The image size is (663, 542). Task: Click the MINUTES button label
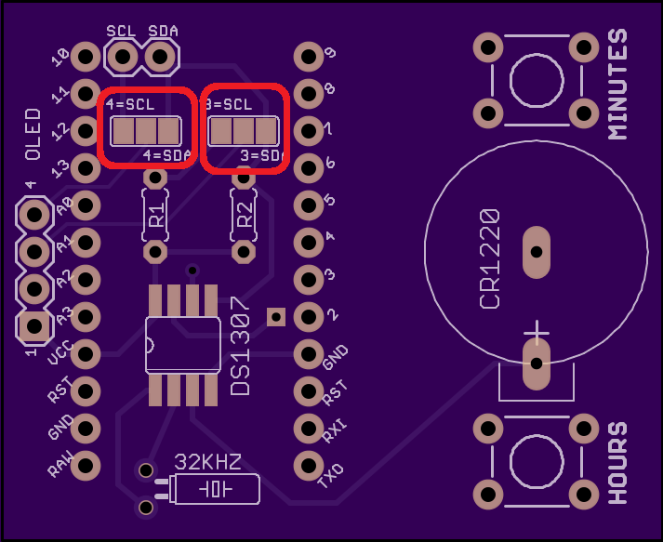pos(617,84)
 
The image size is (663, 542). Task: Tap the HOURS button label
pos(617,462)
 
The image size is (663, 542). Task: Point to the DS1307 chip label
pos(240,347)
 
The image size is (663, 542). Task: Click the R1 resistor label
pos(156,215)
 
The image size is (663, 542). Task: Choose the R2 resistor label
pos(245,215)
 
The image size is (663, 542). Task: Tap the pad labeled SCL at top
pos(121,58)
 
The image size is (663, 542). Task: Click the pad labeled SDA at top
pos(160,58)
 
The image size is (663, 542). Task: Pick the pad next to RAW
pos(86,464)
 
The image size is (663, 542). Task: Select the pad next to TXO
pos(308,464)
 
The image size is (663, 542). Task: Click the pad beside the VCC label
pos(86,353)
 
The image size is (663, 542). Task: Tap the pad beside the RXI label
pos(308,428)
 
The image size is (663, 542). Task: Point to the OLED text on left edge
pos(33,135)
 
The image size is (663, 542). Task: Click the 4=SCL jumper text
pos(130,104)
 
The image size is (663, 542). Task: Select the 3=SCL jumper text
pos(228,104)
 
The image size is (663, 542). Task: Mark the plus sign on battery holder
pos(537,332)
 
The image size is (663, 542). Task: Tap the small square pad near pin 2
pos(275,317)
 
